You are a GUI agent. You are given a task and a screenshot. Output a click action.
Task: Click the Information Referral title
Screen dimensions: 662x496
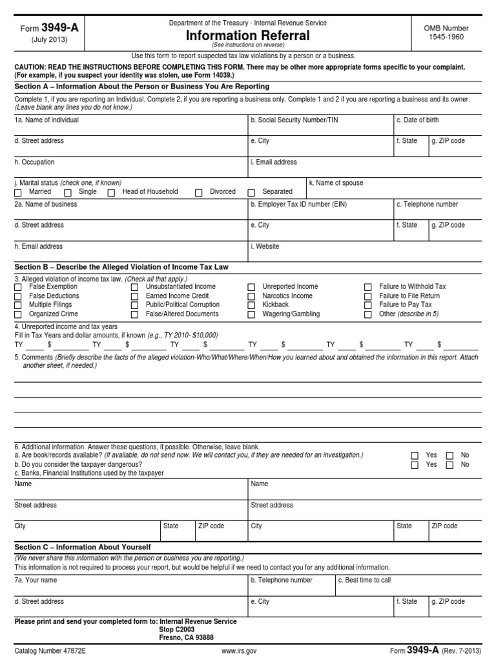pos(248,36)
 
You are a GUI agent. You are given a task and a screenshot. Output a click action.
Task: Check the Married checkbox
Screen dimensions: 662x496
pos(18,193)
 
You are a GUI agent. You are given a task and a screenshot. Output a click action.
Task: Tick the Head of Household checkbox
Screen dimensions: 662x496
pos(111,193)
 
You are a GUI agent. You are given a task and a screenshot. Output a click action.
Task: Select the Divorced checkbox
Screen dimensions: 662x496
pos(199,193)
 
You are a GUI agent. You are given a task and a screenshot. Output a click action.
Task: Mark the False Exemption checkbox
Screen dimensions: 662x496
pos(18,287)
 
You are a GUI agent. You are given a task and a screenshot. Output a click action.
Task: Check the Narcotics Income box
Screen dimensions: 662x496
pos(251,296)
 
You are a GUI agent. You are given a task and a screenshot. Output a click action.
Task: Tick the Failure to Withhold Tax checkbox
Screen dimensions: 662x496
pos(368,287)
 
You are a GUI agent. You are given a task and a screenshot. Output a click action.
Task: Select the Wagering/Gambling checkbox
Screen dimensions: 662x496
pos(251,315)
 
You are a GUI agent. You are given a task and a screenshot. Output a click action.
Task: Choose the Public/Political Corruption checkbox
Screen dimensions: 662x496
pos(135,305)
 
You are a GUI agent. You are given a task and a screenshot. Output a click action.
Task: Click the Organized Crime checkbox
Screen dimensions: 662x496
pos(18,315)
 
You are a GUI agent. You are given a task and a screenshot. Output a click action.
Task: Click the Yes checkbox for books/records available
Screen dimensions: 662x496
pos(415,456)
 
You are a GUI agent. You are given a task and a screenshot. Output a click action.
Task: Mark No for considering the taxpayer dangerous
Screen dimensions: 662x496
pos(449,465)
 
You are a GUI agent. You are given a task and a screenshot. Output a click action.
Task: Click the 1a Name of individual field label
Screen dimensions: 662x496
pos(46,120)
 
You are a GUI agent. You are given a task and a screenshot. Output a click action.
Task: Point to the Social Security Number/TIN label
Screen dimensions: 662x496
pos(294,120)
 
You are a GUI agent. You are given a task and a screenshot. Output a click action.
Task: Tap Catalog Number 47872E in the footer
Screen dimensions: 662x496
pos(50,651)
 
